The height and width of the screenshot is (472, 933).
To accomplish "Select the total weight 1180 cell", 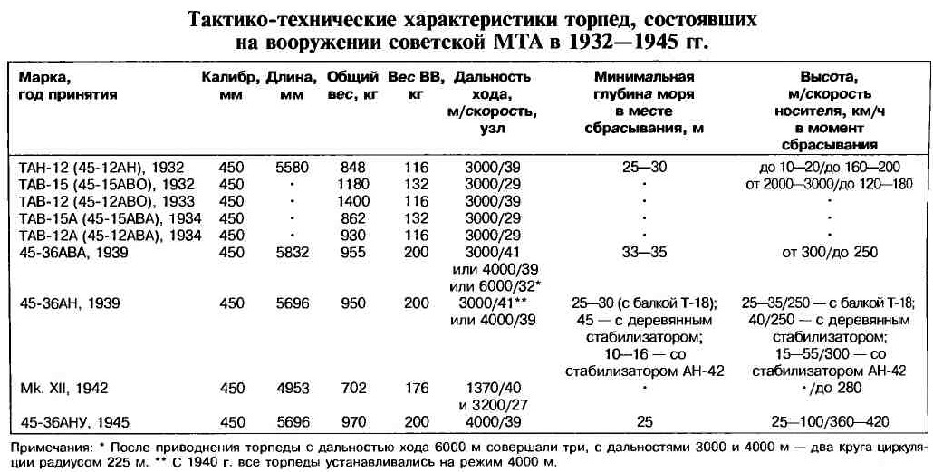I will (351, 184).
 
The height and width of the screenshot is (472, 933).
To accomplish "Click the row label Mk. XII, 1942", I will (64, 388).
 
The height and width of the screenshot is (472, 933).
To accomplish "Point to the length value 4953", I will (291, 388).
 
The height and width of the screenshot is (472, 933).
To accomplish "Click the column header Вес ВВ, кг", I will (416, 86).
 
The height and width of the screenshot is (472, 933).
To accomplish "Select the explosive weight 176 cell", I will (416, 388).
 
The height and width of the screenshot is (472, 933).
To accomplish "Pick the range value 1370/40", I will (497, 388).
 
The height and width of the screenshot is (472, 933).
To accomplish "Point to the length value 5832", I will (291, 252).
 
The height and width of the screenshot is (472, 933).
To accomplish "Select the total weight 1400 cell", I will (351, 201).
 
